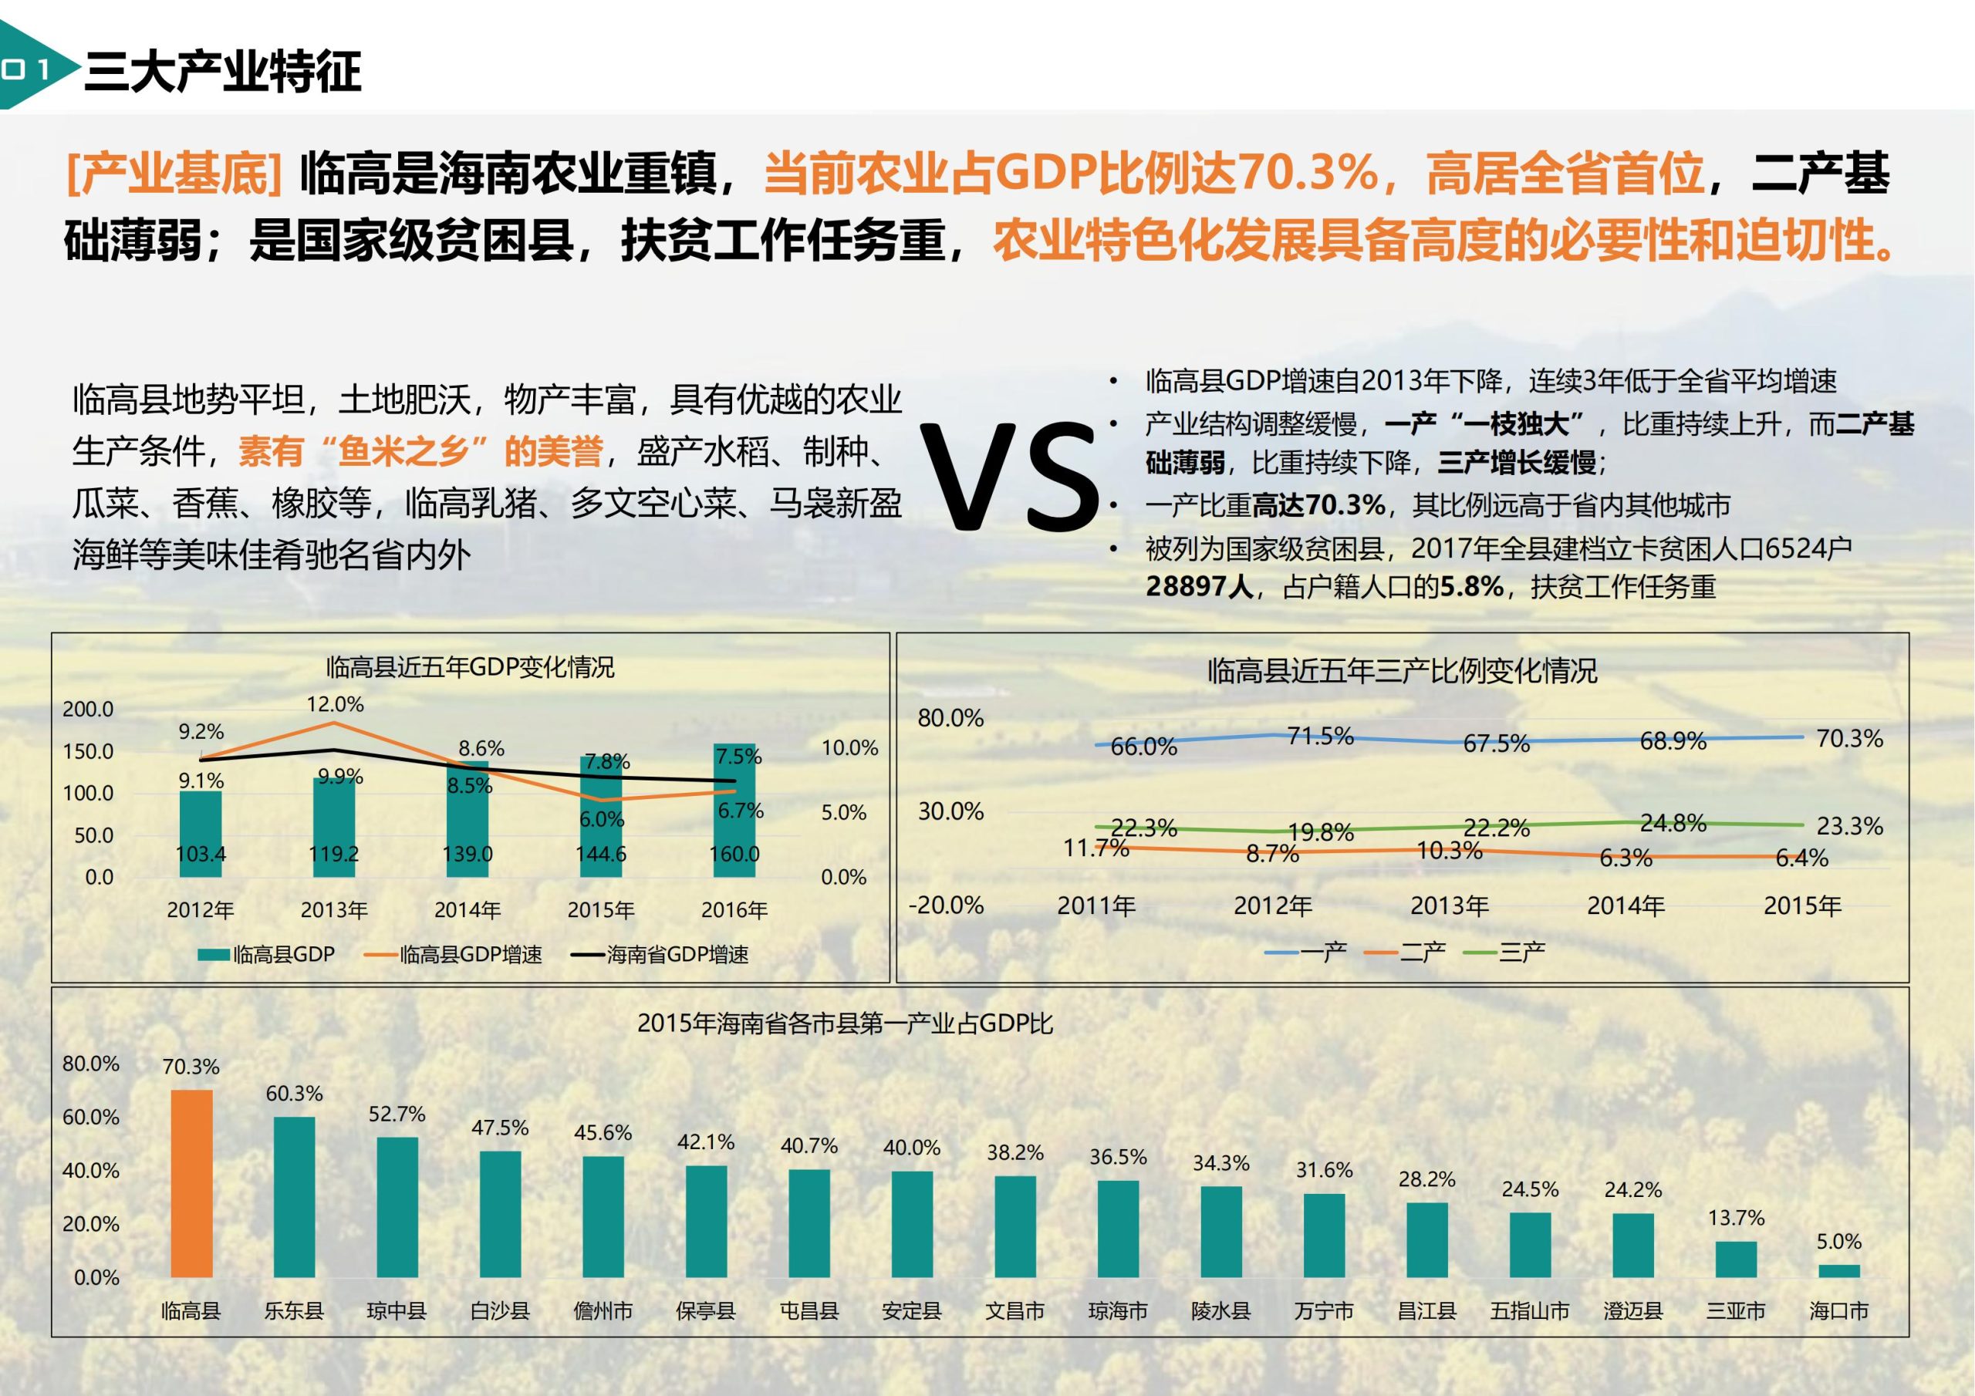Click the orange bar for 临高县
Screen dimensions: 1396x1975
click(191, 1184)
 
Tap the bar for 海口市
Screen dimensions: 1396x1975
click(1838, 1270)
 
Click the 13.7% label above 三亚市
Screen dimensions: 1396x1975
click(1736, 1218)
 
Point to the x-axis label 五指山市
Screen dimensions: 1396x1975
click(1529, 1311)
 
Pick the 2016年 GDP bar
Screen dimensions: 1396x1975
click(734, 811)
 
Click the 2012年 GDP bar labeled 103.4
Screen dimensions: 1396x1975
click(201, 835)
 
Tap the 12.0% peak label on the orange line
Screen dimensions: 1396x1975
click(335, 704)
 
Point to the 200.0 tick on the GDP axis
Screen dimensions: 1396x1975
click(88, 710)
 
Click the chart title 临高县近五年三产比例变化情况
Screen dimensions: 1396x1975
click(1402, 671)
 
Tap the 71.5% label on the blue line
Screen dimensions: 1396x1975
click(1320, 737)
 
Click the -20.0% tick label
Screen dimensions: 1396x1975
click(946, 905)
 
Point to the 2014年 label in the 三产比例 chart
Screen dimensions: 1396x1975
click(1626, 905)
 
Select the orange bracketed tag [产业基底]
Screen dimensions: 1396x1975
click(174, 172)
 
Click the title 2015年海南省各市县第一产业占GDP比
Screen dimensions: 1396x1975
click(845, 1023)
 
